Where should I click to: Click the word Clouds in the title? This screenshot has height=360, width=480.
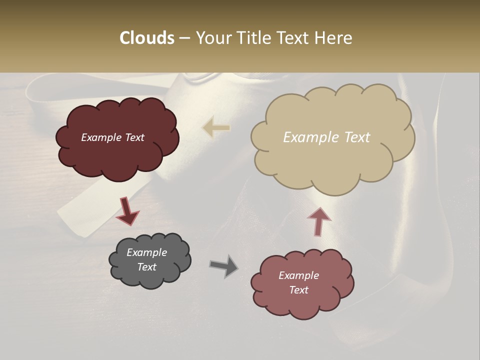coord(146,38)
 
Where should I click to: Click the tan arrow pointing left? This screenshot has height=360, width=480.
coord(215,127)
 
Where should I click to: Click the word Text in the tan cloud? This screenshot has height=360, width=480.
coord(356,137)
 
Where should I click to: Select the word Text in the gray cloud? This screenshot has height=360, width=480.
coord(147,267)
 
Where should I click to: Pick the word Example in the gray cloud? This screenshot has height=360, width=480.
coord(147,252)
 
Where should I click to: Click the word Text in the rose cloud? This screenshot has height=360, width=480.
coord(299,290)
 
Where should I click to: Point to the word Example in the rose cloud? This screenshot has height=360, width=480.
coord(299,275)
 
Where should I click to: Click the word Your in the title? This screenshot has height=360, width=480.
coord(212,38)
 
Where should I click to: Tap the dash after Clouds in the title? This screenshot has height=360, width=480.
coord(184,38)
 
